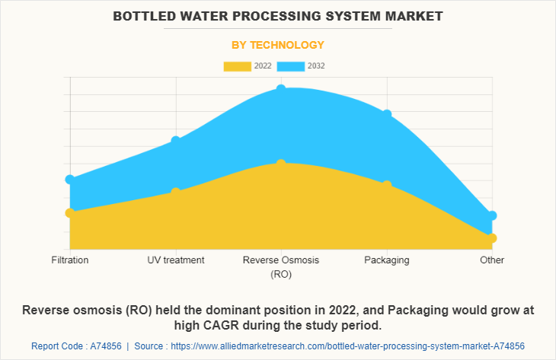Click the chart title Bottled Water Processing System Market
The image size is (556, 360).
pos(278,16)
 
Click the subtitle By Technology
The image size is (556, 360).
pos(278,45)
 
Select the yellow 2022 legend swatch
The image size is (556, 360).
pos(237,66)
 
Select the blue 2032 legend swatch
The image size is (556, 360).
pos(292,66)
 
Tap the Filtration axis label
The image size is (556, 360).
pos(70,260)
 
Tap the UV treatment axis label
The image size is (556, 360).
pos(176,260)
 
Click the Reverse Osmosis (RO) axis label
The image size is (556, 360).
pos(281,266)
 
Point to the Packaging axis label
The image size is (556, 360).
pos(387,260)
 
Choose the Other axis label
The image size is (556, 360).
pos(492,260)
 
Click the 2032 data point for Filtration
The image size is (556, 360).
pos(70,180)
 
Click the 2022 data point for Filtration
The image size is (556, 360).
pos(70,213)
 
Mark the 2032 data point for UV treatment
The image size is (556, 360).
pos(176,140)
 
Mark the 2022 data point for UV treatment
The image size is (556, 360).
pos(176,193)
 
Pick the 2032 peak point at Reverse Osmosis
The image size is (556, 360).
pos(281,89)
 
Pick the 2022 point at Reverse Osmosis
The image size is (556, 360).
pos(281,164)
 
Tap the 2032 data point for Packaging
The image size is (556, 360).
pos(387,114)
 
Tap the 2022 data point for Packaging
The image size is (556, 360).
pos(387,185)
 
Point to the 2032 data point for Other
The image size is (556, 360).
pos(492,215)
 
